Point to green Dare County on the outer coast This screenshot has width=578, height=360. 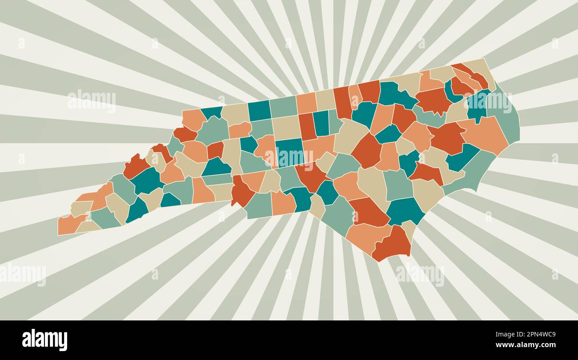click(507, 116)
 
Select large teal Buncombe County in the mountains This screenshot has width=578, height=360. click(146, 180)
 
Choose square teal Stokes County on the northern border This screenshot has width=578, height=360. click(259, 111)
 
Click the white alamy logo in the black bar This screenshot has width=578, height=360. click(44, 340)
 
